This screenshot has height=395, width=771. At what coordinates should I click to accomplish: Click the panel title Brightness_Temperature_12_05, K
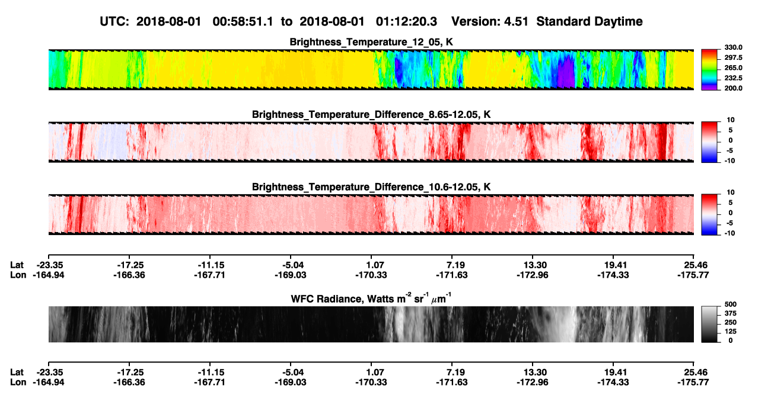[371, 42]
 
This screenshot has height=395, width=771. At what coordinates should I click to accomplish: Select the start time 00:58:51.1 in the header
[243, 21]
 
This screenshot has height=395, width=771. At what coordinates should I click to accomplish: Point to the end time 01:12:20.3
[406, 21]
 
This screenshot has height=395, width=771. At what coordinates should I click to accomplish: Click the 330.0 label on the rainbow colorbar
[733, 47]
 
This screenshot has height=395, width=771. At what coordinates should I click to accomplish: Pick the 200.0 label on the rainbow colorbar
[733, 88]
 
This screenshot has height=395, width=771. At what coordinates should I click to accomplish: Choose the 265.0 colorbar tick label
[733, 68]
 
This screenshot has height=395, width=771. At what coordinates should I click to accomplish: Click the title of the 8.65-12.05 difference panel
[371, 114]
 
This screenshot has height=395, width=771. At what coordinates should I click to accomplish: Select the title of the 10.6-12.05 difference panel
[371, 187]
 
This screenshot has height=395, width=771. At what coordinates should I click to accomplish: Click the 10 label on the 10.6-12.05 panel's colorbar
[731, 192]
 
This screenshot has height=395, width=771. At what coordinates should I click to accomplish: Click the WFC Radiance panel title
[371, 298]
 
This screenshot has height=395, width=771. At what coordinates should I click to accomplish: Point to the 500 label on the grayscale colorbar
[731, 304]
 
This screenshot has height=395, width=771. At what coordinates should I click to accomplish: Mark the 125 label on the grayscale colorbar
[731, 332]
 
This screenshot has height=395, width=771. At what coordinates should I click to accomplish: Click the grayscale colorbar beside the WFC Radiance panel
[709, 324]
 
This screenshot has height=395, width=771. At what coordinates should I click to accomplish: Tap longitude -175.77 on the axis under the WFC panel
[693, 383]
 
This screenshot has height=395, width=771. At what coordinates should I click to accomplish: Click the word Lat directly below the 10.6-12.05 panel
[17, 265]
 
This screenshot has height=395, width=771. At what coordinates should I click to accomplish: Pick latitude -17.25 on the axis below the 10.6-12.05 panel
[130, 265]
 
